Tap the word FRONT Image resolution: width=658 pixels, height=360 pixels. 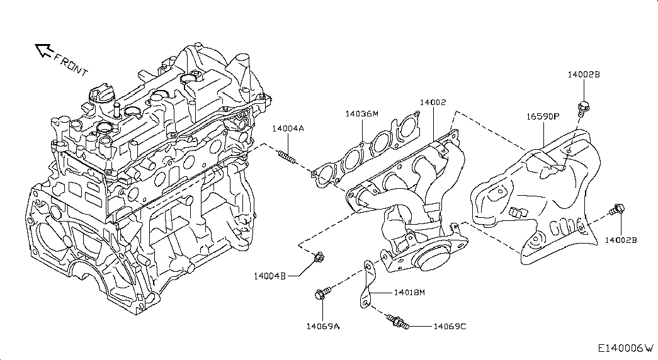click(71, 64)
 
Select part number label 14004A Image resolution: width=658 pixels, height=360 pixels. click(288, 128)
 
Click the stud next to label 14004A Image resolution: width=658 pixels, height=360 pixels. click(287, 155)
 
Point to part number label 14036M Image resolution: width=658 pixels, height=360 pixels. click(361, 114)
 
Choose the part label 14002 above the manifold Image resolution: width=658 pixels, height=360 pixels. click(434, 102)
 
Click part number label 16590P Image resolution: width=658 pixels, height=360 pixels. click(543, 116)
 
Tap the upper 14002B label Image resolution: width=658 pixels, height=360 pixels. click(584, 74)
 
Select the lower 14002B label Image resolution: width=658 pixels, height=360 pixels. click(621, 240)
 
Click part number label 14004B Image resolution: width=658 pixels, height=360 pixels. click(270, 276)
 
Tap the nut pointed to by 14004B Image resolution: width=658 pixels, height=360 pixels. click(319, 256)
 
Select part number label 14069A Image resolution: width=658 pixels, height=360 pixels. click(323, 325)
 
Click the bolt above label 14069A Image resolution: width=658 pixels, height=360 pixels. click(321, 293)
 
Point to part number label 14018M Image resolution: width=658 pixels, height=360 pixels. click(410, 292)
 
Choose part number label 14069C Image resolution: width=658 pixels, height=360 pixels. click(450, 326)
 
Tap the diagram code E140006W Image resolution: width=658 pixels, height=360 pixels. click(626, 348)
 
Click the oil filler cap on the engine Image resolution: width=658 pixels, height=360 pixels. click(101, 96)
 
